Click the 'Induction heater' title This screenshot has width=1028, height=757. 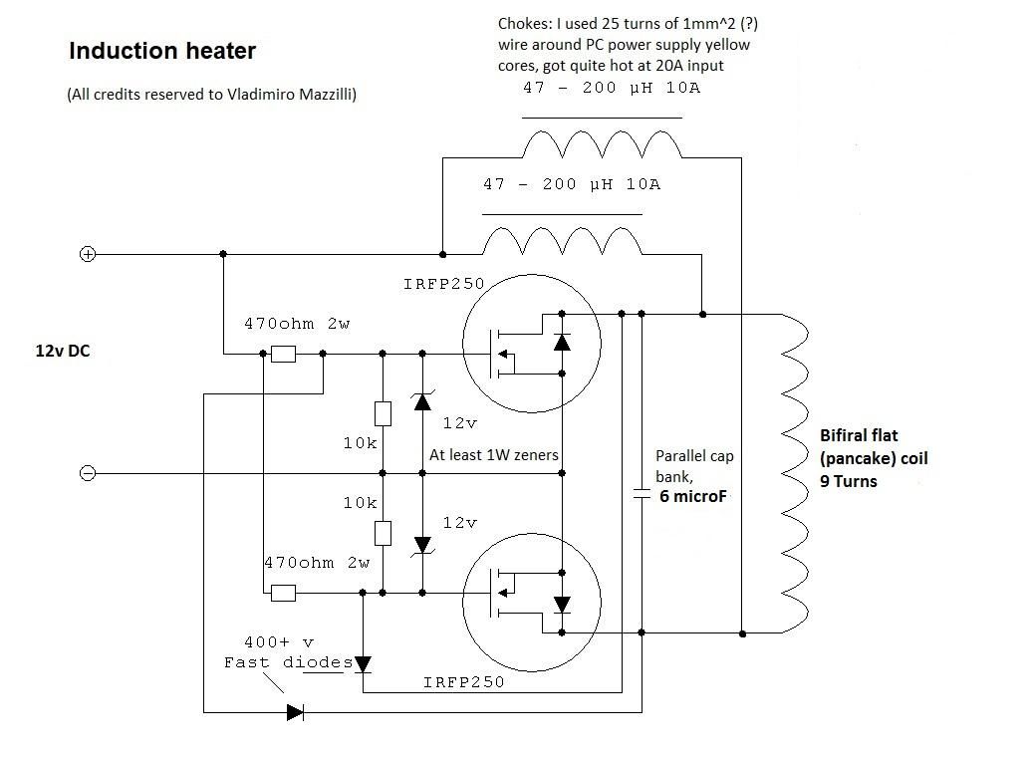[161, 51]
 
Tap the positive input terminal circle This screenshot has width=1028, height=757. [88, 254]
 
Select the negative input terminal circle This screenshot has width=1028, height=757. [88, 473]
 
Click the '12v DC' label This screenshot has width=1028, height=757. [63, 351]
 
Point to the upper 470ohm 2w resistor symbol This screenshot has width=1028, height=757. [284, 354]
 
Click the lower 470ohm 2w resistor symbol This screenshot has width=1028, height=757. [284, 593]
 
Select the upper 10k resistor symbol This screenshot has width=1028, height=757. [383, 413]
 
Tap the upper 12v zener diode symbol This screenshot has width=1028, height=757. [422, 401]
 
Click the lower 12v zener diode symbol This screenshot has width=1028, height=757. [422, 545]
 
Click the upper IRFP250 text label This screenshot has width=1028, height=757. [443, 284]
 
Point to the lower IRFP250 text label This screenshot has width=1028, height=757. [463, 682]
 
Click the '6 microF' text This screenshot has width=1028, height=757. [693, 496]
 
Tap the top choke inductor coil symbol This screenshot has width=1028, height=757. [602, 146]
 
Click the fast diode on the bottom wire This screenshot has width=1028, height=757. [295, 712]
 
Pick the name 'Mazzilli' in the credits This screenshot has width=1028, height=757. [321, 95]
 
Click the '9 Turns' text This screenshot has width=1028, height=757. [849, 481]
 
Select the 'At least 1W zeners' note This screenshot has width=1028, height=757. [493, 455]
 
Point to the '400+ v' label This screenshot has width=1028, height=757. [279, 642]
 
